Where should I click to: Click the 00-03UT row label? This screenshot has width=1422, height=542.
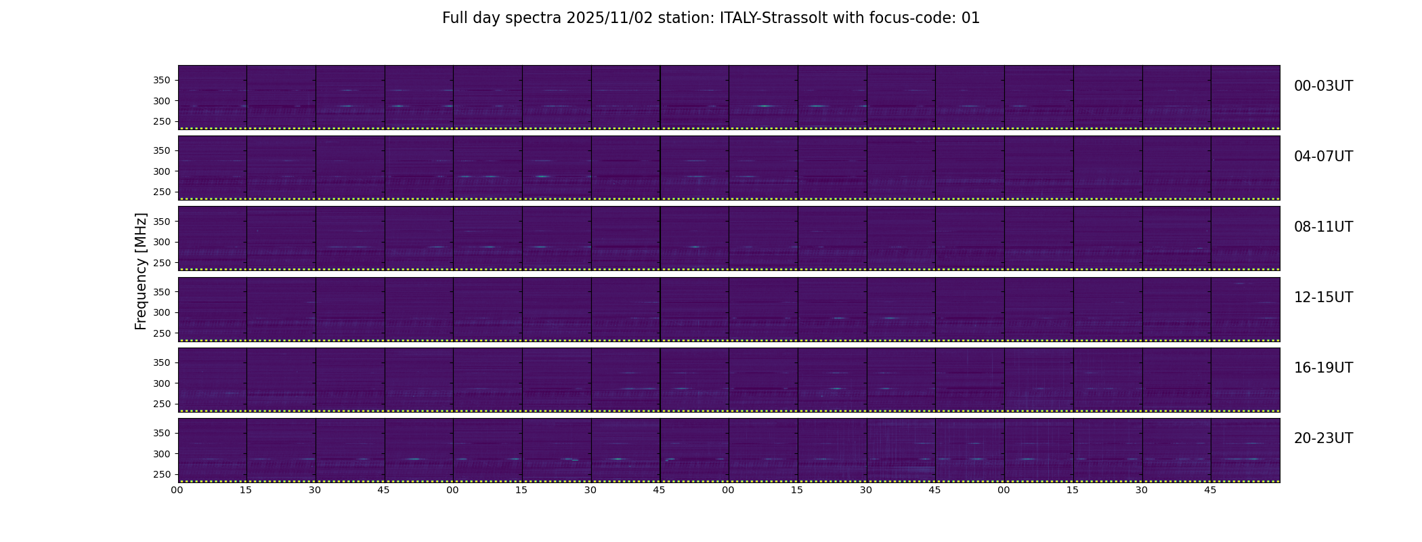click(1323, 86)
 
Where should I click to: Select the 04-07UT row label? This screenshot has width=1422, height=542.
click(1323, 157)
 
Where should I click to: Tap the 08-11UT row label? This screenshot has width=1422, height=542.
click(1323, 227)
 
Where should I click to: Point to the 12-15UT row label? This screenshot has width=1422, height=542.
click(1323, 297)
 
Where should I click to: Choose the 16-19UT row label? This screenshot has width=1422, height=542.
click(1323, 368)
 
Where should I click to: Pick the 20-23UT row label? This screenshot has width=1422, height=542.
click(1323, 438)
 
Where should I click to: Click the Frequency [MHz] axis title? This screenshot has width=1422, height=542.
click(141, 271)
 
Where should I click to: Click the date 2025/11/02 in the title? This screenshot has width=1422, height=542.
click(609, 18)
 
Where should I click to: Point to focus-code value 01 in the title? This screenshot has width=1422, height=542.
click(970, 18)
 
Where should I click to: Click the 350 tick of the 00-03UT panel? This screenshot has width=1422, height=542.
click(162, 81)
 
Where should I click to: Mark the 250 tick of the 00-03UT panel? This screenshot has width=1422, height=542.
click(162, 122)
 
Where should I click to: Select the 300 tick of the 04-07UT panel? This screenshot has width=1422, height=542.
click(162, 171)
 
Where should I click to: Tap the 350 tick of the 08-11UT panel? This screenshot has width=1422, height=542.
click(162, 222)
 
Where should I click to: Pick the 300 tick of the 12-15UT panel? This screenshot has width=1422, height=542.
click(162, 313)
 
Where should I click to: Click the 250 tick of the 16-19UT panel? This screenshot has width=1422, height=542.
click(162, 404)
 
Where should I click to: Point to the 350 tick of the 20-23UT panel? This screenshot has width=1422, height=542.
click(162, 433)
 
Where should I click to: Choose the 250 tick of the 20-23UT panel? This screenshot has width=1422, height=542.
click(162, 475)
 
